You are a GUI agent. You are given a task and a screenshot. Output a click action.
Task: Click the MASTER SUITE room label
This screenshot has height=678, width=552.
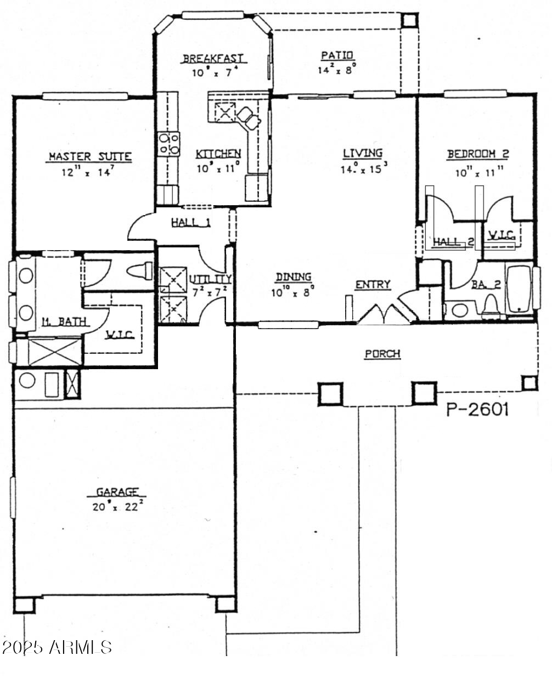click(x=90, y=156)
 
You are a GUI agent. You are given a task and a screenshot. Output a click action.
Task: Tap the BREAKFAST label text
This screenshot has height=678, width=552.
click(x=213, y=59)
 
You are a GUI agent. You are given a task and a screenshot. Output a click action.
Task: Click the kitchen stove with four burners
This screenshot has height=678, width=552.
click(x=169, y=144)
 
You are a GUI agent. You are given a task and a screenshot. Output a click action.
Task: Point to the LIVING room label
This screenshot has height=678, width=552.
click(x=363, y=153)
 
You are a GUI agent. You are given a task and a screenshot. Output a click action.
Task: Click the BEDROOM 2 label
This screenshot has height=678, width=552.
click(x=478, y=154)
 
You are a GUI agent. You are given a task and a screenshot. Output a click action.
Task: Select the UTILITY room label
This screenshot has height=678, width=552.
click(x=211, y=279)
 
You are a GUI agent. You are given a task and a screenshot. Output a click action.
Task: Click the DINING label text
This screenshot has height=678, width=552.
click(x=294, y=278)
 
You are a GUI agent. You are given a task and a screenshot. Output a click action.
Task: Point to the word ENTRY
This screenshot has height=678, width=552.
click(x=373, y=284)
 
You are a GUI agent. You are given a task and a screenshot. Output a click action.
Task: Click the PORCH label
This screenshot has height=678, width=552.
click(x=382, y=354)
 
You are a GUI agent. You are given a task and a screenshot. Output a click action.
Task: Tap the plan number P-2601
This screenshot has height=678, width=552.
click(x=477, y=410)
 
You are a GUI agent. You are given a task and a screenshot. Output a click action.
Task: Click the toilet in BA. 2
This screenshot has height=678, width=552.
click(x=491, y=306)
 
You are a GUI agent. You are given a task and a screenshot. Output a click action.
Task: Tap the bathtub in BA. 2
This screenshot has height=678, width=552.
click(x=519, y=289)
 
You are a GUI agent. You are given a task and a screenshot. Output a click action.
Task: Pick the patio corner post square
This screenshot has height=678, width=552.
click(x=409, y=19)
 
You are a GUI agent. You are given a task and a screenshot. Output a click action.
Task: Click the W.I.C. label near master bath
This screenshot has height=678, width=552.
click(x=120, y=334)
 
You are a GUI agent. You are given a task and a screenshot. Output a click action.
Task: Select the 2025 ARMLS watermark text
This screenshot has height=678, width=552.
click(x=57, y=647)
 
